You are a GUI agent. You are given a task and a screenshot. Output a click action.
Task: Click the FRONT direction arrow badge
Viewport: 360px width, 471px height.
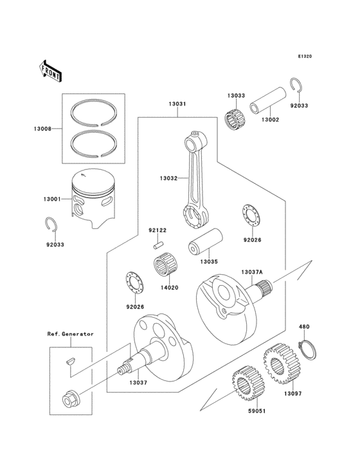pos(51,70)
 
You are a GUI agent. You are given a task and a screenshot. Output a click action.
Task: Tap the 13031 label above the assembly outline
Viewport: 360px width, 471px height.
pos(178,104)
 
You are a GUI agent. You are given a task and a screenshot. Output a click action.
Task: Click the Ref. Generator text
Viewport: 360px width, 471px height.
pos(70,334)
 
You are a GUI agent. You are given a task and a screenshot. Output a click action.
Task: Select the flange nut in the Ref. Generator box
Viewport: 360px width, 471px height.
pos(68,400)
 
